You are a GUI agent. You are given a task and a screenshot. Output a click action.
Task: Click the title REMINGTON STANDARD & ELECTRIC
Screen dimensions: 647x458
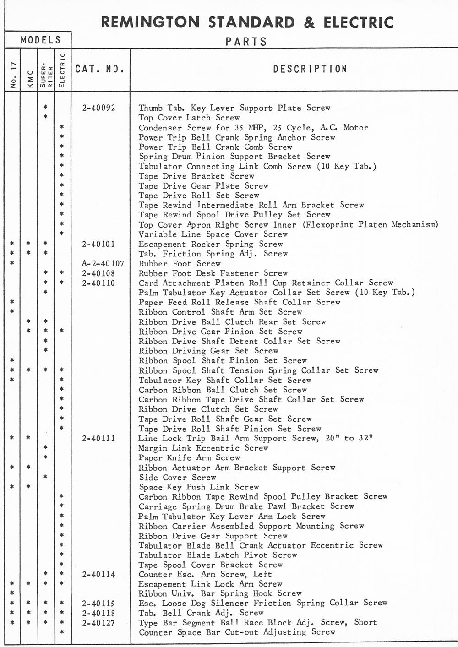coord(247,22)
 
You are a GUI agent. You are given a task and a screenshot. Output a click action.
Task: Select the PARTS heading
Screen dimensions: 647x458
coord(246,42)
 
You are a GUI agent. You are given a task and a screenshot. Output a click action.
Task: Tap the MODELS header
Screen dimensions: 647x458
coord(40,40)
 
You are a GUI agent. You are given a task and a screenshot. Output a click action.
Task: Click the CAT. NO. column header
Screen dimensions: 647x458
coord(100,69)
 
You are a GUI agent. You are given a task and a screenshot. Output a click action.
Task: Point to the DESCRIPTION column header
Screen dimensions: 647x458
coord(310,69)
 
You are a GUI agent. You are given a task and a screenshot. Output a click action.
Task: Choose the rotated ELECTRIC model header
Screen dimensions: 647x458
coord(62,70)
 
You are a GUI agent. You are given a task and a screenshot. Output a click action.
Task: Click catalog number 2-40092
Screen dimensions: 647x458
coord(99,108)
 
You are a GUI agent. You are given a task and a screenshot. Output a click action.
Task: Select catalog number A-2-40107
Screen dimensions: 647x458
coord(100,264)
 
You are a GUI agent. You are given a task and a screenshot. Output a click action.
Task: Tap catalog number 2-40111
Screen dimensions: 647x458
coord(99,439)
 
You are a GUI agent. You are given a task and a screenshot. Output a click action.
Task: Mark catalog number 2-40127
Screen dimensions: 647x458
coord(99,623)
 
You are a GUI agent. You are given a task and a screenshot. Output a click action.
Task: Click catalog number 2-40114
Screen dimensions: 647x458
coord(99,575)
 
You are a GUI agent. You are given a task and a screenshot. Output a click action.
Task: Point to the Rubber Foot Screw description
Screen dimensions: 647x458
coord(180,264)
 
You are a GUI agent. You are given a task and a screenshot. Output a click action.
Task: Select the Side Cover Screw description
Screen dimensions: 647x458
coord(177,477)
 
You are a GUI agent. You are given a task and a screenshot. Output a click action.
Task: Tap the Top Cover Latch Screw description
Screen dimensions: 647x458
coord(189,118)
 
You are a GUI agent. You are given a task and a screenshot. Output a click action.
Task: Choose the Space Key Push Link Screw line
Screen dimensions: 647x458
coord(199,487)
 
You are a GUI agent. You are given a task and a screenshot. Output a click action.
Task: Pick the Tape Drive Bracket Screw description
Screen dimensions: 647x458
coord(196,176)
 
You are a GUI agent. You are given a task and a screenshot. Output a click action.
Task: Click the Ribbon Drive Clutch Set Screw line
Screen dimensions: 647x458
coord(208,409)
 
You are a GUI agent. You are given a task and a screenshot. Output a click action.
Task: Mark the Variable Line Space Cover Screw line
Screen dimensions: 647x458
coord(213,234)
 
